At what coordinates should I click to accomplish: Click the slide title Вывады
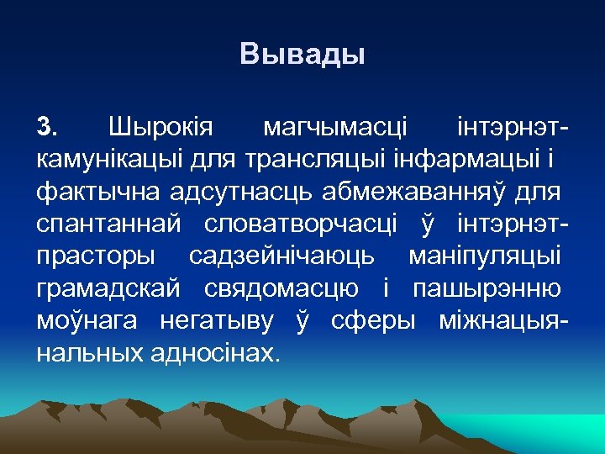coord(302,55)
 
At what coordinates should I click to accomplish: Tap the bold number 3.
coord(47,128)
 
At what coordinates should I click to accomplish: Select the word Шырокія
coord(161,128)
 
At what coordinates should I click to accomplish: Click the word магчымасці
coord(335,128)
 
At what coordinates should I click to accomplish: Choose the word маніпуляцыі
coord(486,257)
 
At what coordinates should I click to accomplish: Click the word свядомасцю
coord(282,289)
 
